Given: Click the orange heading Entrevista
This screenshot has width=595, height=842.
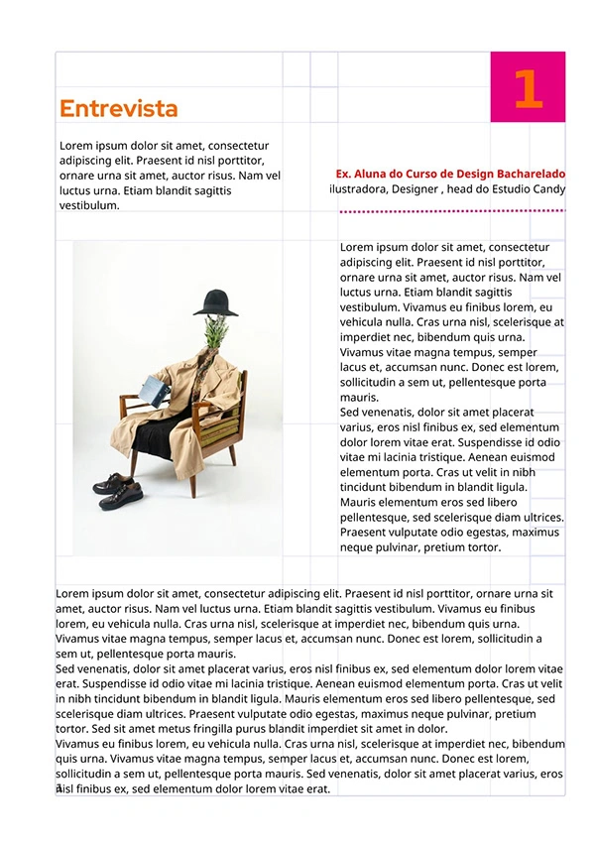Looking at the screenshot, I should [x=118, y=109].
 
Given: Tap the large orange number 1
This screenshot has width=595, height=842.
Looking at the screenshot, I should [x=528, y=88].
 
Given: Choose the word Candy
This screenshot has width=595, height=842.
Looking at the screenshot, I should [x=549, y=188].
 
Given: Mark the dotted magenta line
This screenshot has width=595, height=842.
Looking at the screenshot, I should [x=452, y=211].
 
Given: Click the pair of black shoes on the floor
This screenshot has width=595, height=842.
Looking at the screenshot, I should [x=120, y=485].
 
